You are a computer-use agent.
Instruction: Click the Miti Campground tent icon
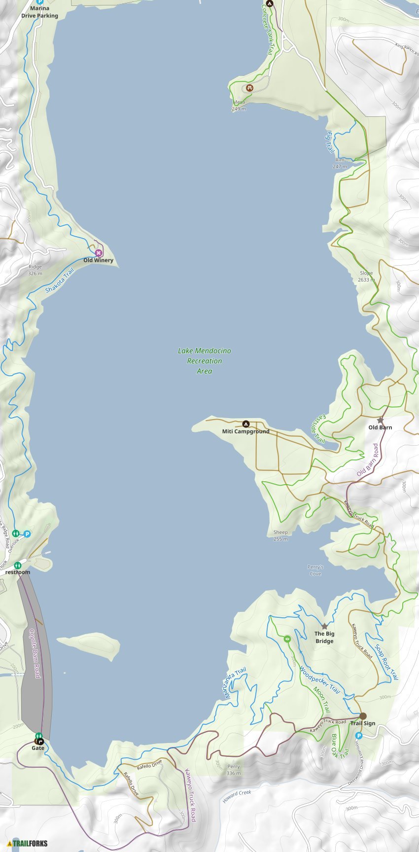246,424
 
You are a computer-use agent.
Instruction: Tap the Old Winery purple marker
99,253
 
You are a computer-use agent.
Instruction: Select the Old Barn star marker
380,420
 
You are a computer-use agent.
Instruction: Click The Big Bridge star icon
324,626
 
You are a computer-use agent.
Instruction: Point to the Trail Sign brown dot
363,716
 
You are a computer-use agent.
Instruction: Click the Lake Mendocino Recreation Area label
205,361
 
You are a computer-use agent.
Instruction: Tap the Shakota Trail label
59,281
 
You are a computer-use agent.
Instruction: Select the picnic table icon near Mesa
250,88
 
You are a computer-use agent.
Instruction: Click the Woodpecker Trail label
320,680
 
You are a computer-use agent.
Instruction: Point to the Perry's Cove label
315,570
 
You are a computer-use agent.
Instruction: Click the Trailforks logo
28,843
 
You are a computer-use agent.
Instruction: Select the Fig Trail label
330,142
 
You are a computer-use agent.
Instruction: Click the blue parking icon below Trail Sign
359,736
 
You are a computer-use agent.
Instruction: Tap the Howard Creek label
237,796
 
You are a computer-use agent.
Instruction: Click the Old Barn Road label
368,460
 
